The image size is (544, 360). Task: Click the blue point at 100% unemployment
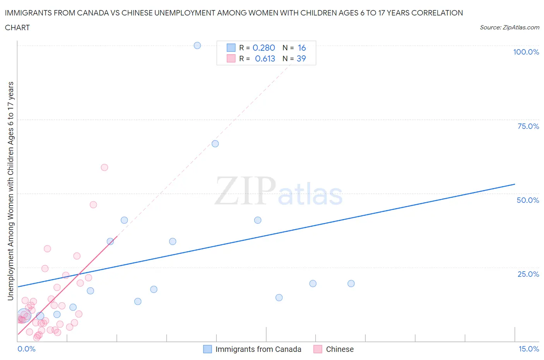197,46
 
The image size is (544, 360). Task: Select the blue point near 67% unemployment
215,144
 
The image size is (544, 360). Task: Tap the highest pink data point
104,168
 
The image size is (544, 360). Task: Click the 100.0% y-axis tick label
526,52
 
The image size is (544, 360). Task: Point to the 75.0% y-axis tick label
528,126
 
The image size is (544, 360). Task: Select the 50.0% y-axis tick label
528,200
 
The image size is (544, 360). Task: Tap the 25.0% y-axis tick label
528,274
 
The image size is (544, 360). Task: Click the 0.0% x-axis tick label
26,349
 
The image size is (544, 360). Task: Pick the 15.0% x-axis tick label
529,349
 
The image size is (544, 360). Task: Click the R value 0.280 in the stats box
263,48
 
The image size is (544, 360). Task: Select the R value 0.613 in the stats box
265,58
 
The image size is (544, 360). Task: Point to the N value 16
302,48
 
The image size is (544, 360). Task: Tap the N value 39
301,58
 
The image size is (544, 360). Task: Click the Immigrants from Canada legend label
258,349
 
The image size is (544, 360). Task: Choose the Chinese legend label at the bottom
340,349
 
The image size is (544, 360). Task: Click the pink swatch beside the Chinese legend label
318,349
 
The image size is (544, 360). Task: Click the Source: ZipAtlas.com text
509,27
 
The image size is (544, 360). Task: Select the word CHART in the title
17,27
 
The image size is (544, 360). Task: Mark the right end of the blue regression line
515,184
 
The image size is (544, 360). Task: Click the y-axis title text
10,191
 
